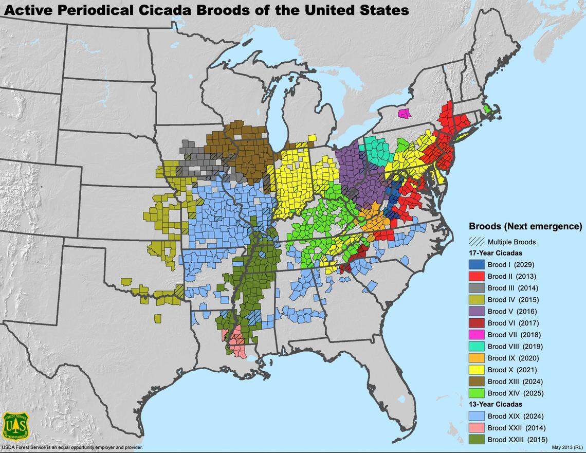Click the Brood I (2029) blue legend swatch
tap(477, 265)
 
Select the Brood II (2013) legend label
tap(511, 277)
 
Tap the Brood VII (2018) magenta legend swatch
tap(477, 335)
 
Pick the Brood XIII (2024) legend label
tap(515, 382)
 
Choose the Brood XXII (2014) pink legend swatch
tap(477, 428)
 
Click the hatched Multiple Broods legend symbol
tap(477, 242)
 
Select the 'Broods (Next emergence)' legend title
tap(525, 226)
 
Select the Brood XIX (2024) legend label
tap(515, 416)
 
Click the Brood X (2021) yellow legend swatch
tap(477, 370)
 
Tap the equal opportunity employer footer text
tap(71, 448)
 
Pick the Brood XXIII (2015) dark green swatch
tap(477, 440)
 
